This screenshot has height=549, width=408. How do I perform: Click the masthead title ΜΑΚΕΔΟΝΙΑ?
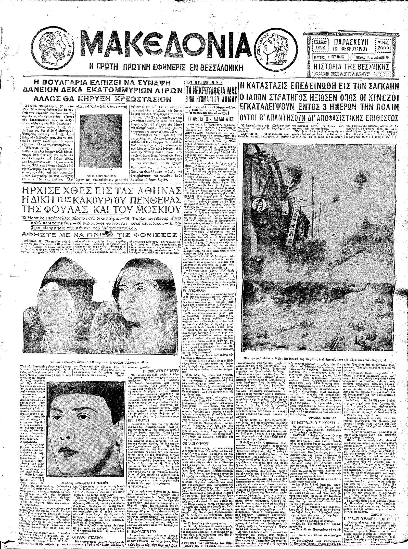167,47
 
